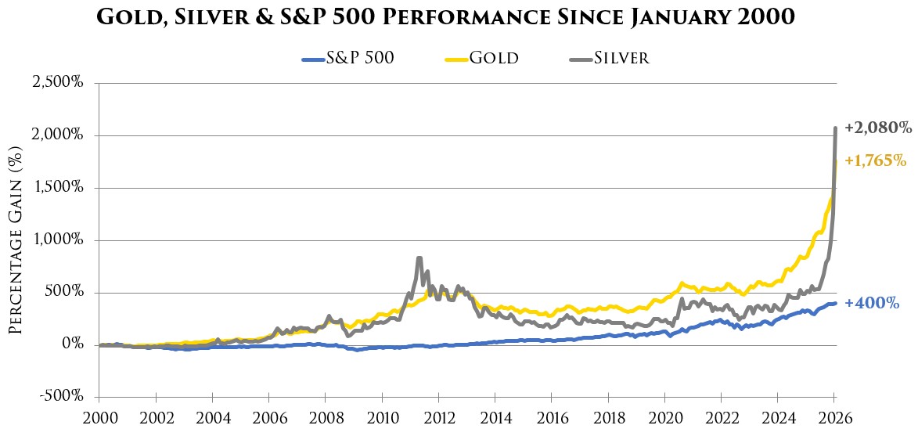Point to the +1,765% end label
pyautogui.click(x=877, y=161)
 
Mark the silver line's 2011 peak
pyautogui.click(x=419, y=258)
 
